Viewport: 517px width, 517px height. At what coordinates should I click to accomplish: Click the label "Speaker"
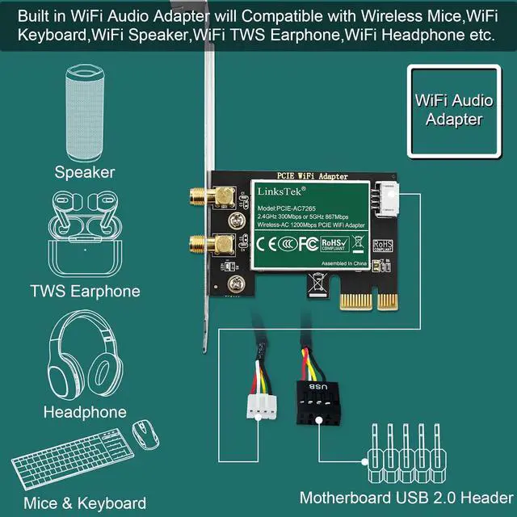tap(85, 171)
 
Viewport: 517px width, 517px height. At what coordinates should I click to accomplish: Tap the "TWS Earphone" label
tap(85, 292)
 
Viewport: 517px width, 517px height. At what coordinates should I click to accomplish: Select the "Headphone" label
tap(85, 412)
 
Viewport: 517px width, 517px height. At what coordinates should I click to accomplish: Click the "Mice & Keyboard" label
tap(85, 503)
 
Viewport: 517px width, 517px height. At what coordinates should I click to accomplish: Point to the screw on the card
tap(237, 284)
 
